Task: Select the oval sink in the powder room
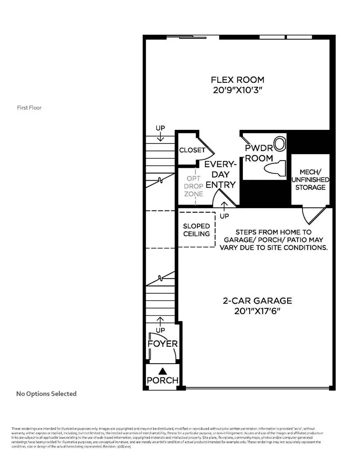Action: click(x=280, y=144)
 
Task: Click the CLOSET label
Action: click(x=192, y=150)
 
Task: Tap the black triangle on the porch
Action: click(x=162, y=372)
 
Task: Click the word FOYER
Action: click(x=162, y=344)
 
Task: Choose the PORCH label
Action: click(x=162, y=380)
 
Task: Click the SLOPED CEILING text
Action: click(x=197, y=230)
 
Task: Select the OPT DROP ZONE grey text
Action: click(x=194, y=186)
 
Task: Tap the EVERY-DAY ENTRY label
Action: click(x=220, y=174)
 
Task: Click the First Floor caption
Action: click(x=29, y=108)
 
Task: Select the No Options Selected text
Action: click(x=46, y=394)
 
